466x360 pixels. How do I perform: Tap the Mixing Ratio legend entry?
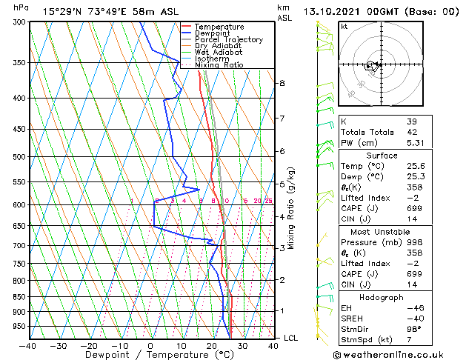tap(219, 64)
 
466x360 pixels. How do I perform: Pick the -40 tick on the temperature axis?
tap(28, 345)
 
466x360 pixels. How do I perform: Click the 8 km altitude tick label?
tap(282, 83)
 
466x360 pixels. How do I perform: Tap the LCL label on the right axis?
tap(290, 338)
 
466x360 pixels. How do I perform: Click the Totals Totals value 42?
tap(412, 132)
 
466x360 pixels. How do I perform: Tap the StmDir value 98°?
tap(414, 329)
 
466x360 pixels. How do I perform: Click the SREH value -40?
tap(413, 318)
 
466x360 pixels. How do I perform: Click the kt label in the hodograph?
tap(344, 27)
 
